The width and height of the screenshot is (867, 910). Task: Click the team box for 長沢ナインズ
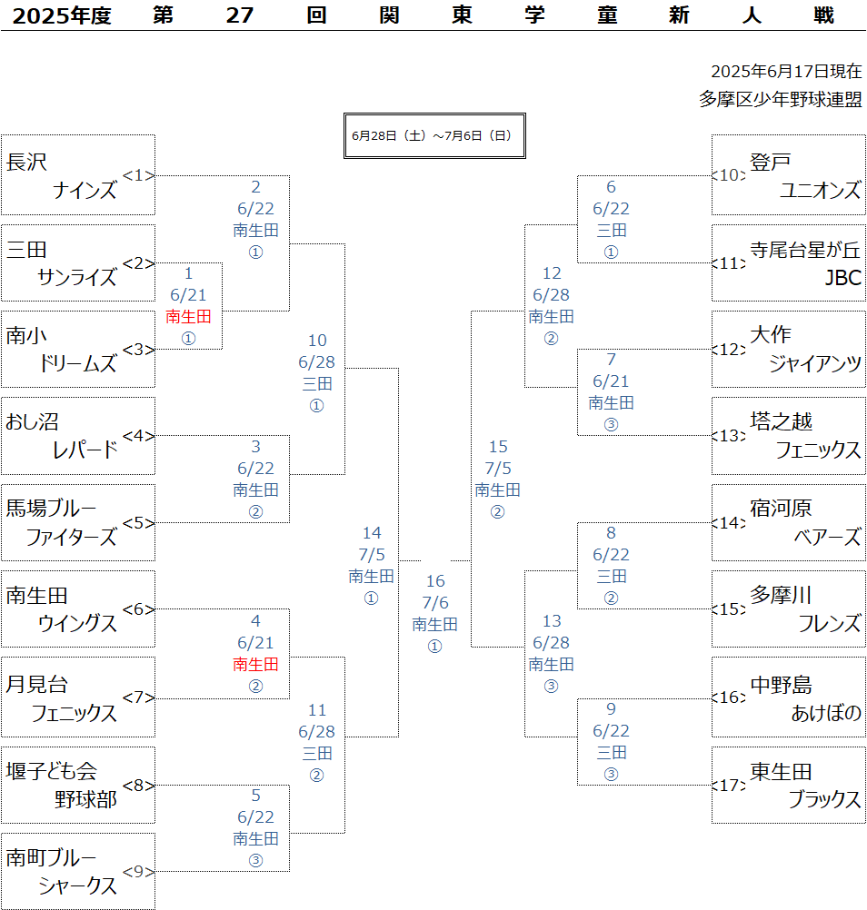[x=78, y=174]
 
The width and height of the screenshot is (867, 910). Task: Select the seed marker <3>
[x=138, y=350]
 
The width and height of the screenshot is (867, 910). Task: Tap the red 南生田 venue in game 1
[x=188, y=316]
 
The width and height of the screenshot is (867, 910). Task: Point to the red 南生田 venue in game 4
[x=255, y=664]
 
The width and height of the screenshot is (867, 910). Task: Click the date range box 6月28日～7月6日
[x=434, y=136]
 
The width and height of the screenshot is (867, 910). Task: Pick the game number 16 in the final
[x=435, y=580]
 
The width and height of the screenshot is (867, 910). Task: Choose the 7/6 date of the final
[x=435, y=602]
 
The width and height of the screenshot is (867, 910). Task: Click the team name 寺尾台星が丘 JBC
[x=805, y=263]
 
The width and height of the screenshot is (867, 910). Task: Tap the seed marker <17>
[x=728, y=785]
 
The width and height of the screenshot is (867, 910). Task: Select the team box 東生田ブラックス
[x=789, y=785]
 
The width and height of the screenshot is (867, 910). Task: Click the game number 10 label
[x=317, y=340]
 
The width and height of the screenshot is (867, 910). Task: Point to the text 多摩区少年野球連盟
[x=781, y=99]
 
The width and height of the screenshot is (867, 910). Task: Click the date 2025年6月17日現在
[x=786, y=72]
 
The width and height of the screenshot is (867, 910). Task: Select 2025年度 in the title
[x=62, y=15]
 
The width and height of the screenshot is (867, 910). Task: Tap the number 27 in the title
[x=240, y=15]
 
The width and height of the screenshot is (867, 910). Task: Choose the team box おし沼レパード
[x=78, y=436]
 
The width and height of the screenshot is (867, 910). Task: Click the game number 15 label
[x=498, y=446]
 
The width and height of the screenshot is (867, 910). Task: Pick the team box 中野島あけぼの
[x=789, y=697]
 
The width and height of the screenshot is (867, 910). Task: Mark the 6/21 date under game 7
[x=611, y=381]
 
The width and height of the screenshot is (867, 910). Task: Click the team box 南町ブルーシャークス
[x=78, y=871]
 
